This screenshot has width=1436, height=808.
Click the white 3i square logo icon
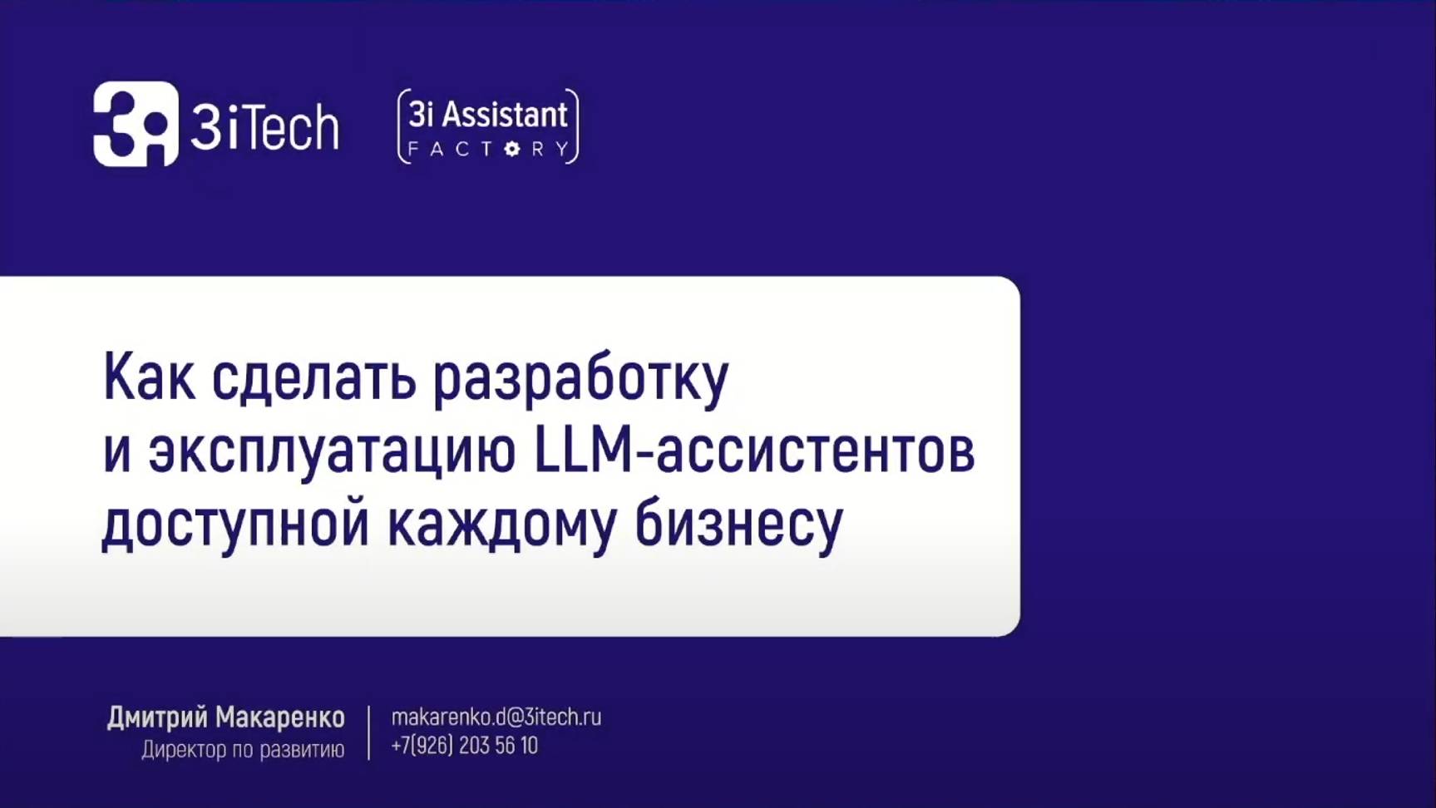[136, 124]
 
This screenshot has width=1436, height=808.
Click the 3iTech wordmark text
[264, 127]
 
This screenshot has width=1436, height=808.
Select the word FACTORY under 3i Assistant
[488, 150]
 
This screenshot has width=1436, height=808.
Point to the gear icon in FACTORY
[512, 150]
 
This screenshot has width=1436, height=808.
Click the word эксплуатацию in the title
[332, 452]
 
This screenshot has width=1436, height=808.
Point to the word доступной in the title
[235, 524]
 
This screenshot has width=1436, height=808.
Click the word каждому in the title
[501, 524]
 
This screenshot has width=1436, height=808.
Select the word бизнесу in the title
[739, 524]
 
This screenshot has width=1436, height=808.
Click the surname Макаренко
[279, 717]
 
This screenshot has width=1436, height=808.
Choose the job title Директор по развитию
[243, 750]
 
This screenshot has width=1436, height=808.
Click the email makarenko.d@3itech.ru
[496, 717]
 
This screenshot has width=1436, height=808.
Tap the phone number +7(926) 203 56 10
[464, 746]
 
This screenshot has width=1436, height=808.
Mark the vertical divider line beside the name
[368, 732]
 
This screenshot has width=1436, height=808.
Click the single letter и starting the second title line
[116, 452]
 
